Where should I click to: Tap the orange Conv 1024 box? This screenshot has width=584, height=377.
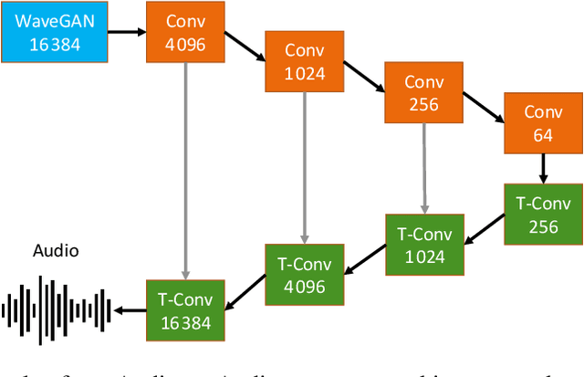(304, 62)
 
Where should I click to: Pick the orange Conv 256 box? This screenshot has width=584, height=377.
(423, 92)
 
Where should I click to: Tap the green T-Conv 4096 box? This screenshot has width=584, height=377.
(304, 274)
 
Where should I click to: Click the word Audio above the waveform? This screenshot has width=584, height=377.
(56, 251)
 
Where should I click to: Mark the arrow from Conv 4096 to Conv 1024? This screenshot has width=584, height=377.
(245, 48)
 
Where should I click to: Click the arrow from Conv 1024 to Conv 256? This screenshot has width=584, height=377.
(363, 79)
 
